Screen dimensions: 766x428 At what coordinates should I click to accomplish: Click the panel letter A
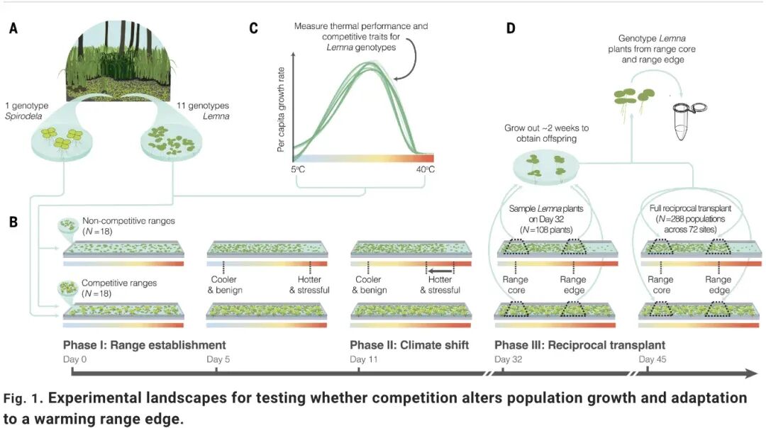[x=13, y=28]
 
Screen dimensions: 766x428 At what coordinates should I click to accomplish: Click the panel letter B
[x=13, y=222]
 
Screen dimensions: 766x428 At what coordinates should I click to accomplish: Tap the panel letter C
[x=253, y=28]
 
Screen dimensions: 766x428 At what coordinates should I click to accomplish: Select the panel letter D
[x=511, y=28]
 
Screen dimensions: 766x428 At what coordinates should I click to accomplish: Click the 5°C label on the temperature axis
[x=298, y=169]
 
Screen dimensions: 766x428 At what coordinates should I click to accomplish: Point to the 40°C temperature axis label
[x=425, y=169]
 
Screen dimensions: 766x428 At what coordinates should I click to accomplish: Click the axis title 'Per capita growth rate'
[x=281, y=110]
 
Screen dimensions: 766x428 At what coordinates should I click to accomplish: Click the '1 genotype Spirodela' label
[x=26, y=111]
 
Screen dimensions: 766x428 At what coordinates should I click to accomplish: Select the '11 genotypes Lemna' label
[x=204, y=111]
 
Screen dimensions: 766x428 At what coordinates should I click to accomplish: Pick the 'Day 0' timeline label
[x=74, y=359]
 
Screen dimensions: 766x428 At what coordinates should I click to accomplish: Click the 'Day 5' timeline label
[x=218, y=359]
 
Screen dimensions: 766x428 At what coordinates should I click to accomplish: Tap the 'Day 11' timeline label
[x=363, y=359]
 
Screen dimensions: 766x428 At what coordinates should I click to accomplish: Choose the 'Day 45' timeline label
[x=653, y=359]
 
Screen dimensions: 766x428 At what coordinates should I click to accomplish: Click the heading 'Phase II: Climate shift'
[x=409, y=345]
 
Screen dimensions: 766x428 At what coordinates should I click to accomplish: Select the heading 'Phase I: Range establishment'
[x=145, y=345]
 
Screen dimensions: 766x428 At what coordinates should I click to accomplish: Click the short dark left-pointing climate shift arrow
[x=440, y=271]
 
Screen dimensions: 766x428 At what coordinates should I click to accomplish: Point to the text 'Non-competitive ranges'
[x=128, y=220]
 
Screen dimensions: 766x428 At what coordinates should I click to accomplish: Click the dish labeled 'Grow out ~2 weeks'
[x=545, y=167]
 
